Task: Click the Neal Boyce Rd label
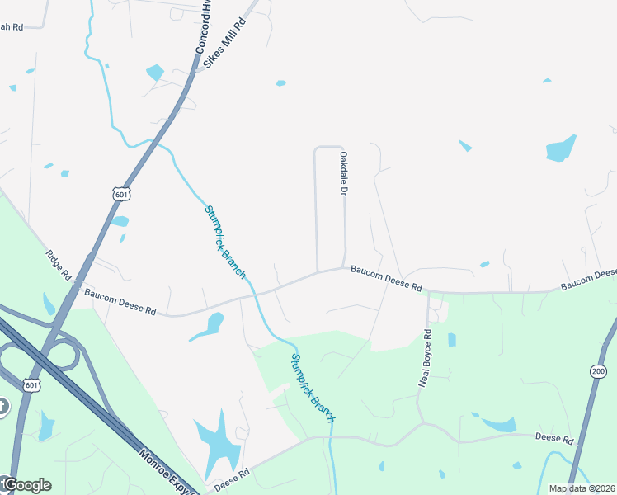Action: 426,358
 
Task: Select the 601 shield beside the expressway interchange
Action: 31,385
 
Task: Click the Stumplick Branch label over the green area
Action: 312,388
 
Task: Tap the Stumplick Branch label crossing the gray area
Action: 224,241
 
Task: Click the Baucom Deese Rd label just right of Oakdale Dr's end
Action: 386,278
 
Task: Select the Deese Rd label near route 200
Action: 553,438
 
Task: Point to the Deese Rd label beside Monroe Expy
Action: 232,480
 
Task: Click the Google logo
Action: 26,485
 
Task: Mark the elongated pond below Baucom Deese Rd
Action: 208,326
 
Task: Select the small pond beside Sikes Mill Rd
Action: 155,72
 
